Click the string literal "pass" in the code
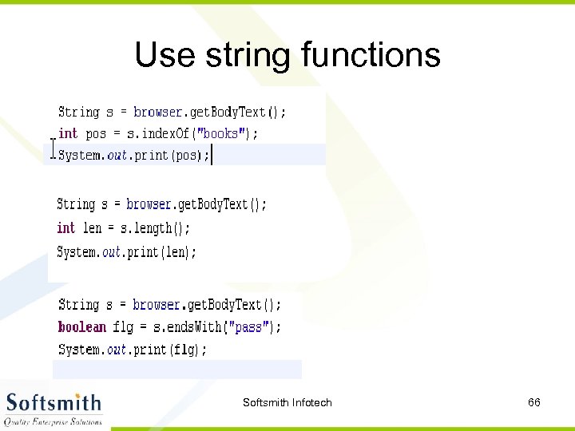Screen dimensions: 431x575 coord(249,326)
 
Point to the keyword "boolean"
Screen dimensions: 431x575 coord(81,326)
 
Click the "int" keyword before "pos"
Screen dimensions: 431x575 coord(68,133)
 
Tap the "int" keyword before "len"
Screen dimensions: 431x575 coord(65,228)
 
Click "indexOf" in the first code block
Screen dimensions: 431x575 coord(166,133)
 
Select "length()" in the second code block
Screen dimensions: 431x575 coord(162,228)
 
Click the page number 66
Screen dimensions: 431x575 coord(534,402)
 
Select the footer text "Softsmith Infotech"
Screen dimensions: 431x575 coord(287,402)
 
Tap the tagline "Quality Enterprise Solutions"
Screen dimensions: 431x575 coord(54,421)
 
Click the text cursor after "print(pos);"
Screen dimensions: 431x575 coord(212,155)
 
